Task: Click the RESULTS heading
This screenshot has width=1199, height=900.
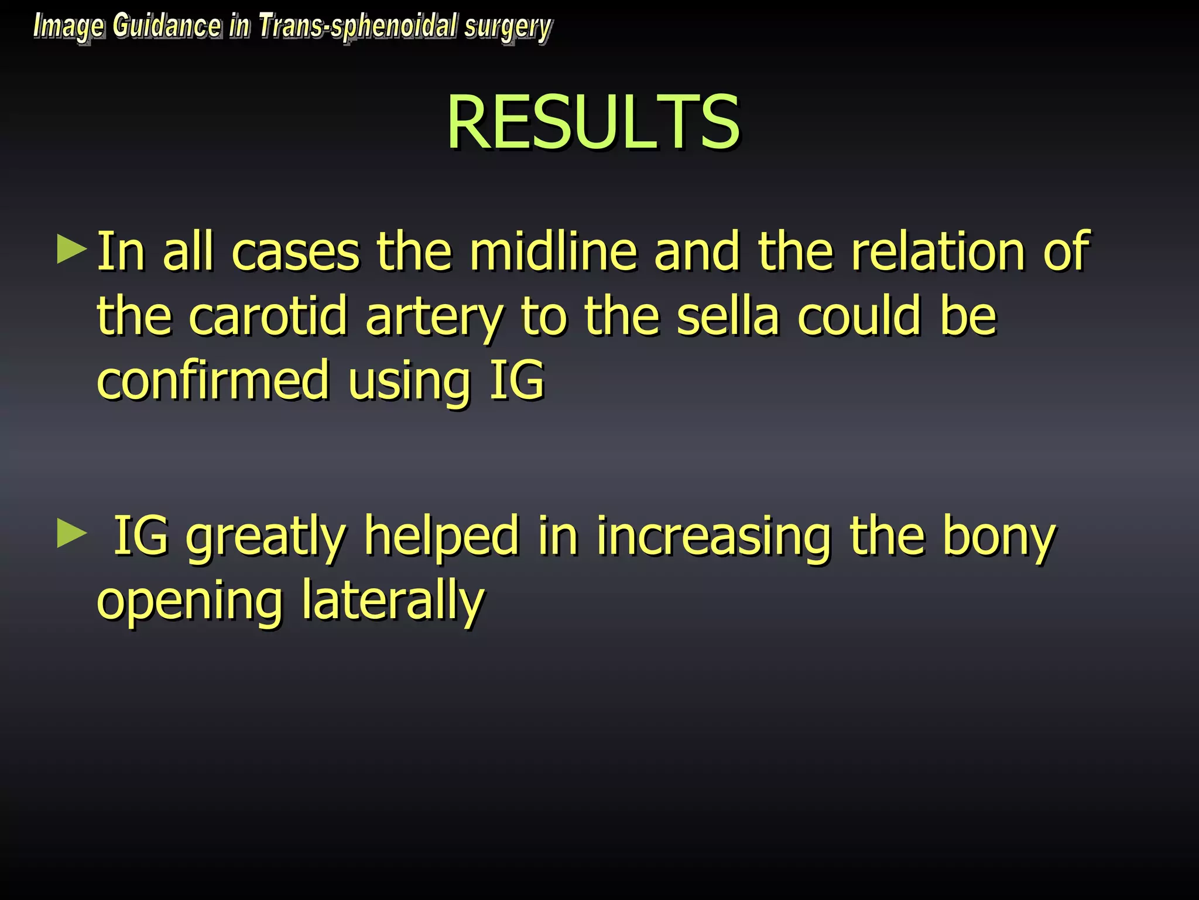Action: [593, 122]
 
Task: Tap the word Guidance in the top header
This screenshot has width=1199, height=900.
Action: [167, 27]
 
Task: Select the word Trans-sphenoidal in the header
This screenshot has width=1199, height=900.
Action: [358, 27]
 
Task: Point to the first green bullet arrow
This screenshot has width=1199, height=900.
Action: [71, 249]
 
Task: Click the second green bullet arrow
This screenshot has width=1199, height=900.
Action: [71, 534]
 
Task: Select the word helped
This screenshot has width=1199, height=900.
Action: [441, 537]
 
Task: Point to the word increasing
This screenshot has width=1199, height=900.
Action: [714, 537]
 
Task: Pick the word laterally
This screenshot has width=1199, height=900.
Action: [393, 601]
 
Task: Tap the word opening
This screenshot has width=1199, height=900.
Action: [190, 602]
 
